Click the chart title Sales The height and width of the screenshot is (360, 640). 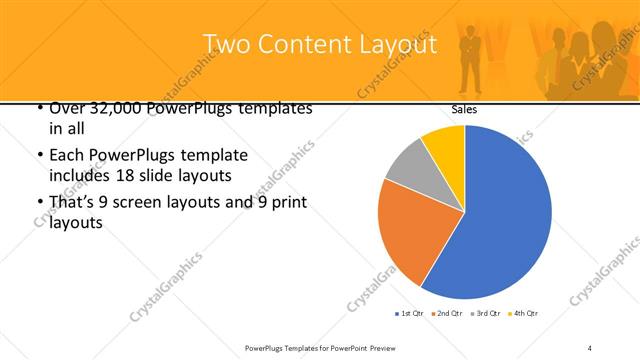pos(464,109)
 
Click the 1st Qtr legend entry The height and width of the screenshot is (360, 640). pos(409,314)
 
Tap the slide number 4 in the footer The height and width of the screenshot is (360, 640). pos(590,346)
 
